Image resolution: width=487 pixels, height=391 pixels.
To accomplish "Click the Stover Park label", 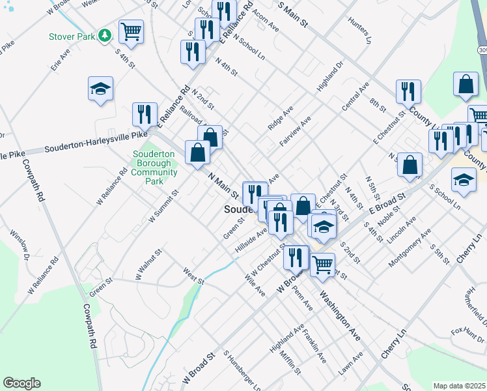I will click(71, 36).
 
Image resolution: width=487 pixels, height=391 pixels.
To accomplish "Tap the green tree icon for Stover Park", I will click(104, 36).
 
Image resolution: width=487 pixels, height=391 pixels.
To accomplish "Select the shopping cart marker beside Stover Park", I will click(131, 32).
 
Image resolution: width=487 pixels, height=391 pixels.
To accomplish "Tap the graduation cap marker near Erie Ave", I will click(101, 89).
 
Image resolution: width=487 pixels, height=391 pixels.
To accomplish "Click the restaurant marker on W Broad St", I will click(296, 257).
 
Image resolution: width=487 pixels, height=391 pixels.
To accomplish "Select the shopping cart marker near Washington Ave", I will click(322, 265).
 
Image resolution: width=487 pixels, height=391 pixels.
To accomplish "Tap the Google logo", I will click(22, 383).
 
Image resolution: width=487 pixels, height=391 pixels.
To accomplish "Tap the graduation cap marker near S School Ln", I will click(464, 181).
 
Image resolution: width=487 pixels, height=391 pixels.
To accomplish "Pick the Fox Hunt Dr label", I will click(467, 334).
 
